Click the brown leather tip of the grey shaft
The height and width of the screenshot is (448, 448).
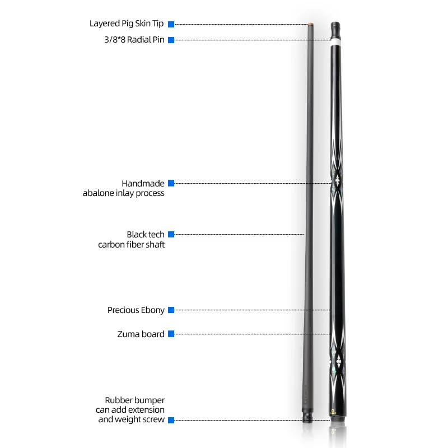[310, 24]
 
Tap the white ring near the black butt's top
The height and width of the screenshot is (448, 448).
[336, 41]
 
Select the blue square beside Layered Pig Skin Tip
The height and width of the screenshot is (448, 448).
[171, 24]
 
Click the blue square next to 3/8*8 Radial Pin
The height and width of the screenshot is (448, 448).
[171, 40]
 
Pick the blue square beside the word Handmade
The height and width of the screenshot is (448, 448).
[171, 183]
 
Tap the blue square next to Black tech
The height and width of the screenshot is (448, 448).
[171, 234]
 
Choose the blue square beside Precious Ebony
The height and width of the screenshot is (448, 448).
[171, 310]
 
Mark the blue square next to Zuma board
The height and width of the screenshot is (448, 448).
[171, 334]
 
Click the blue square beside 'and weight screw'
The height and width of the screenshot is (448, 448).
[171, 419]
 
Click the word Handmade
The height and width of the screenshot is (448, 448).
[143, 183]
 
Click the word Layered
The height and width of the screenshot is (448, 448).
[105, 24]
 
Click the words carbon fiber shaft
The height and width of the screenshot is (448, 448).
[132, 245]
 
